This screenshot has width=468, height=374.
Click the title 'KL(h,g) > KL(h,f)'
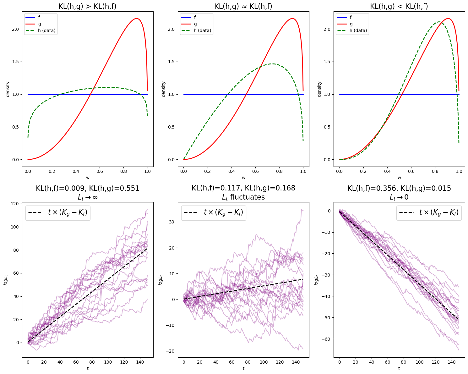[87, 6]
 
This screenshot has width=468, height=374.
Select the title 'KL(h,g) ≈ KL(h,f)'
[243, 6]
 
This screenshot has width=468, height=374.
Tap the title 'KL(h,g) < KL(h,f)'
[399, 6]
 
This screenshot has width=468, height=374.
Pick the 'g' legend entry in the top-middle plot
[195, 24]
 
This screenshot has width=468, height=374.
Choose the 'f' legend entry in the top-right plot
[351, 17]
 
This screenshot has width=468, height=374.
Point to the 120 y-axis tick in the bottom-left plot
[15, 204]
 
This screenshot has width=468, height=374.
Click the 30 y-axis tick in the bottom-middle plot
[172, 222]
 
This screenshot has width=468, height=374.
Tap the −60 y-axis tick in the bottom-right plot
[327, 339]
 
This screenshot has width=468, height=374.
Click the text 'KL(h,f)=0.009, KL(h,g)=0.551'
[87, 188]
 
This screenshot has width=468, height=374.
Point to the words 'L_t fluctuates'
[243, 197]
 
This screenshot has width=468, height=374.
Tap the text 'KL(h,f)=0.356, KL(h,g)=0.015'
[399, 188]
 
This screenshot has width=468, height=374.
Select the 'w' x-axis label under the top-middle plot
[243, 178]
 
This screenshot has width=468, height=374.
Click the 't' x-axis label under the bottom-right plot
[399, 368]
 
